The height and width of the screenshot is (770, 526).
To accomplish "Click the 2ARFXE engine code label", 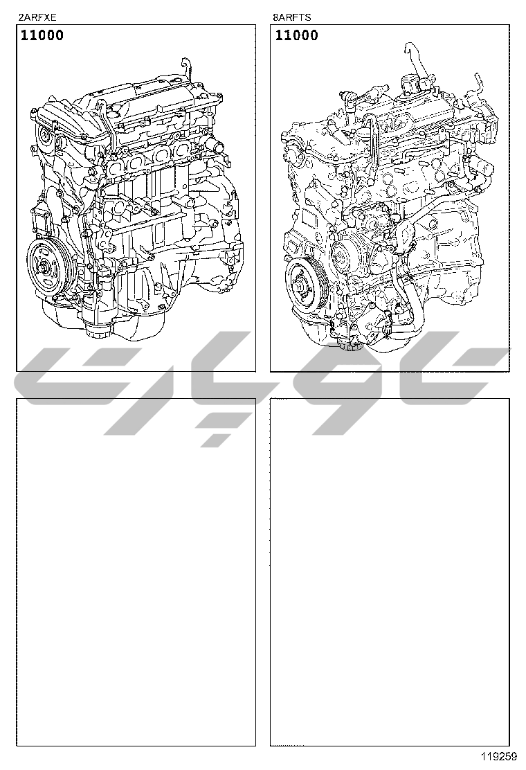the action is pos(37,18).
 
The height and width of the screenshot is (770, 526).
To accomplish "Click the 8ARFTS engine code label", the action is pos(292,18).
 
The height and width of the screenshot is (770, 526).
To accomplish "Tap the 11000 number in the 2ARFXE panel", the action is pos(42,35).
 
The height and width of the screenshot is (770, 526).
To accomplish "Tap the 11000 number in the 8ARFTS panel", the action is pos(296,35).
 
